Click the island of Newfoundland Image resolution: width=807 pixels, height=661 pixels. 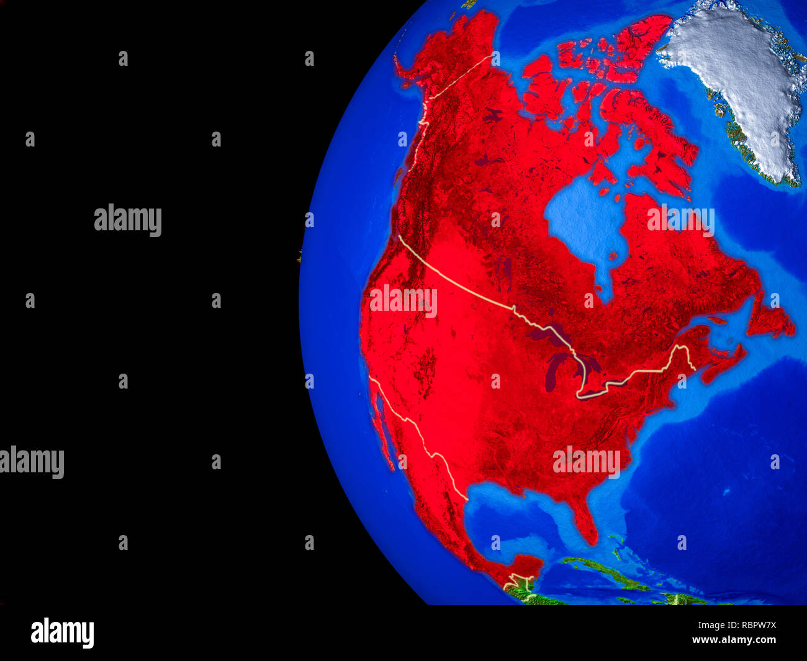pos(770,317)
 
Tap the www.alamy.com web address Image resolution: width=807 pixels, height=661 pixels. pos(734,640)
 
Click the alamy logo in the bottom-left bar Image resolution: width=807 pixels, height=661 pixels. pos(62,633)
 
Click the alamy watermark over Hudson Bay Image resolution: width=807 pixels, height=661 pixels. pos(680,220)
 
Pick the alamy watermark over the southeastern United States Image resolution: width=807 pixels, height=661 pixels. pos(586,462)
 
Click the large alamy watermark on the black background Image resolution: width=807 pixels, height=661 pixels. pos(128,220)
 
